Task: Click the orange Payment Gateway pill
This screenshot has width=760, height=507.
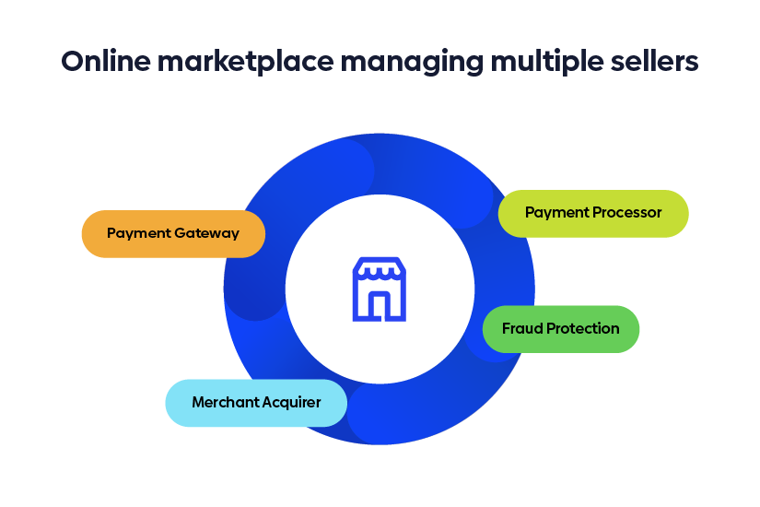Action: pos(173,234)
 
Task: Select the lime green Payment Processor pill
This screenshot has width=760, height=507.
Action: pos(593,213)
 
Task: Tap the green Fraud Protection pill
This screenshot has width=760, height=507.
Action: pos(560,329)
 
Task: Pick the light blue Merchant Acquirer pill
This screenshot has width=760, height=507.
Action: pos(256,403)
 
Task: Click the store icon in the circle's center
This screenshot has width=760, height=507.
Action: pos(379,289)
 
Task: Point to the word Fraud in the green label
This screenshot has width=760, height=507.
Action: pos(521,329)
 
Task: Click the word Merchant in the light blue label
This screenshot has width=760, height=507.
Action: pos(224,403)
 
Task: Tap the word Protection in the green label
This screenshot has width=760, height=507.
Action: pos(582,329)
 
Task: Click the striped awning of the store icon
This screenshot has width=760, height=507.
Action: pos(379,270)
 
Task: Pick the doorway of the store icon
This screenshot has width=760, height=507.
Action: pos(379,304)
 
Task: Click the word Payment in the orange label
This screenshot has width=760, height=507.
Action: pos(136,234)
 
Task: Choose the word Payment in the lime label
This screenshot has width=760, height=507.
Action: pos(556,213)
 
